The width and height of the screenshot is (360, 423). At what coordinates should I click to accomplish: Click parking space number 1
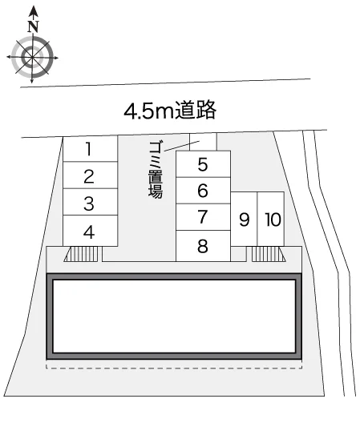91,149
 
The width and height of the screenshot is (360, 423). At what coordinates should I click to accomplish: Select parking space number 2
91,175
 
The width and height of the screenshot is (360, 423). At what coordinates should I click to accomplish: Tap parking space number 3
91,202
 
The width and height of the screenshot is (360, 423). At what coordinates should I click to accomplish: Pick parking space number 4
91,231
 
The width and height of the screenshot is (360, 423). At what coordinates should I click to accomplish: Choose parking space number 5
203,164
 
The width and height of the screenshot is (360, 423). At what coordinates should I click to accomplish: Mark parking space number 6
203,191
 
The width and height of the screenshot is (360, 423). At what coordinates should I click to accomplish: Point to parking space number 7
203,217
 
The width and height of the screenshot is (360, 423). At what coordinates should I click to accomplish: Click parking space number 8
203,246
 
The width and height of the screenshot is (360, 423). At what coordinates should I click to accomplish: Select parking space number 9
244,219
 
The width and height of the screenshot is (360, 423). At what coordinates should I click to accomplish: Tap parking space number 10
271,219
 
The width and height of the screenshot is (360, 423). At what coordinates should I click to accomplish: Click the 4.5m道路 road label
170,110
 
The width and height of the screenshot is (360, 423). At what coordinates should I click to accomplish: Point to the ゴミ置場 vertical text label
156,170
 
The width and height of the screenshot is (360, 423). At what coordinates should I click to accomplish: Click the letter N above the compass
33,26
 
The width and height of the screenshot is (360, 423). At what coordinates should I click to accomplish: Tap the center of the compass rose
32,57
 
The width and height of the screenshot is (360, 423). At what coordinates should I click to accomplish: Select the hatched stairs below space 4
83,254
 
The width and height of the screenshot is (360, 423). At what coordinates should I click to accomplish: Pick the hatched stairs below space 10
269,254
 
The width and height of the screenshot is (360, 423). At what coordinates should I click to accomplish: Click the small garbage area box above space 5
203,142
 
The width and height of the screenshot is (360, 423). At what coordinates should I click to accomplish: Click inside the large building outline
174,316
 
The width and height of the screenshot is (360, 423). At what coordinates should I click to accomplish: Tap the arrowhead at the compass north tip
33,11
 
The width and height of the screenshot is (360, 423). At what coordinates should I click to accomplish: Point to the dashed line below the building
174,369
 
